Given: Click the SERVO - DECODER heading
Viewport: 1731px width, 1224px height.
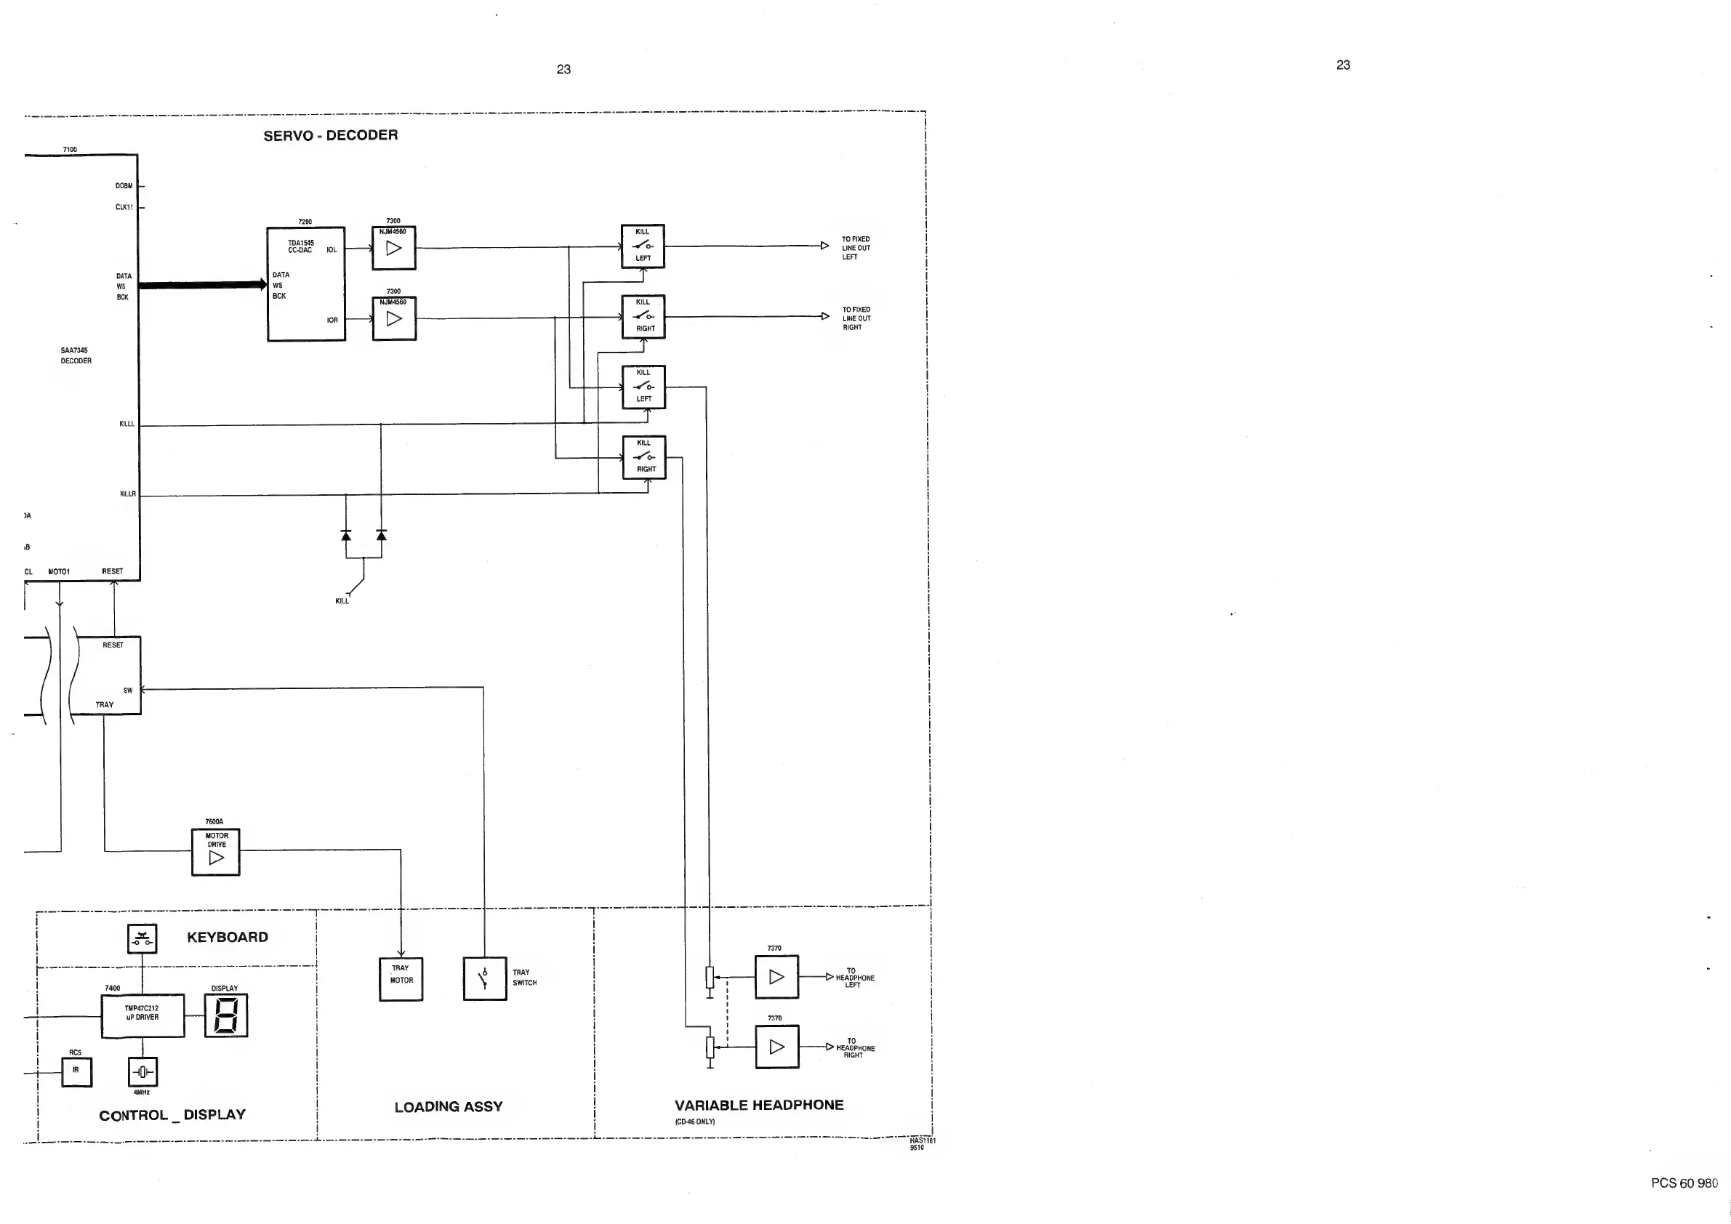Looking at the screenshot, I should [330, 136].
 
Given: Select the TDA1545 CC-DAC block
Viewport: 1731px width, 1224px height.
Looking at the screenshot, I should [306, 284].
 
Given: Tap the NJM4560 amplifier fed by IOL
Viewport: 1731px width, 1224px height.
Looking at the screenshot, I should [393, 248].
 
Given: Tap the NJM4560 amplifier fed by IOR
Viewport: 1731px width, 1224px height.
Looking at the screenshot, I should [393, 319].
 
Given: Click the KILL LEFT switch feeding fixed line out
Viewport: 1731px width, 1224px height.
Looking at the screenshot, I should [643, 246].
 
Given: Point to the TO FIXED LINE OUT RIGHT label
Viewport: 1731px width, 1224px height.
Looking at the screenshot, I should [856, 319].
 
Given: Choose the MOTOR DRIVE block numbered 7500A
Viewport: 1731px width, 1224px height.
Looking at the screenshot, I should [216, 852].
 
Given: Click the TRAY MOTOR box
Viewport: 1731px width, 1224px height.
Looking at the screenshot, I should [401, 979].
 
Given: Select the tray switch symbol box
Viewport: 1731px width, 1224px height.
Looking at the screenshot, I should [484, 979].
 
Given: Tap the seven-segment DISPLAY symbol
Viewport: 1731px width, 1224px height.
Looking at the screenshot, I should [226, 1015].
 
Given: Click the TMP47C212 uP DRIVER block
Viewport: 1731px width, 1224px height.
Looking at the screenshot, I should [142, 1015].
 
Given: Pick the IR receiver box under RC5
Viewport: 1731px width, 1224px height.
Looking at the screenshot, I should [76, 1071].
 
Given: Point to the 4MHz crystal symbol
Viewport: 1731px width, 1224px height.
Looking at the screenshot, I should [142, 1071].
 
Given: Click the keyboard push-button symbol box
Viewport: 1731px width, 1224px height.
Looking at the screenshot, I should [142, 938].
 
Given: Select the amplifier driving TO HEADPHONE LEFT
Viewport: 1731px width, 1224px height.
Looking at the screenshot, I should [776, 977].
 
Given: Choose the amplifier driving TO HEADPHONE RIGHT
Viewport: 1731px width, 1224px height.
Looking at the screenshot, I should [776, 1047].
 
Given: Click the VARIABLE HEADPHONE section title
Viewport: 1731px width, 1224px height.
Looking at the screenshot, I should [758, 1106].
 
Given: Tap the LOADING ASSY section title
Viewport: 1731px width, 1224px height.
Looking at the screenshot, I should [448, 1107].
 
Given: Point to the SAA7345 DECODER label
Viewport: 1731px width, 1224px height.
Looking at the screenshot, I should [76, 355].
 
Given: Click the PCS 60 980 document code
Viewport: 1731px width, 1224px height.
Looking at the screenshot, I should [1684, 1183].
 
